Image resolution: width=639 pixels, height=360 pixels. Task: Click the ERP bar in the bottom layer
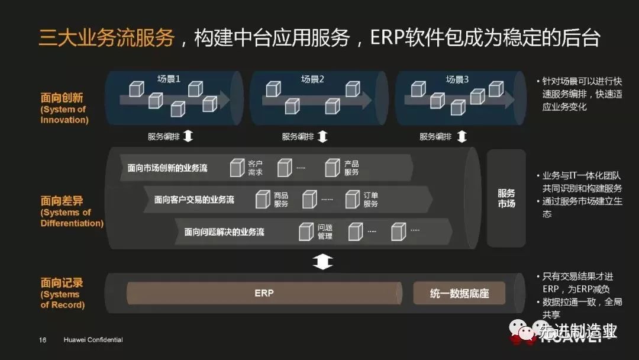tap(264, 293)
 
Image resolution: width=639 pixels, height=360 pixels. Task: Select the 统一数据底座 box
tap(459, 294)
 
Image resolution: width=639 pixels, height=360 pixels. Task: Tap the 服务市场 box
tap(506, 198)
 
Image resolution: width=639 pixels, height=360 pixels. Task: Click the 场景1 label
tap(169, 79)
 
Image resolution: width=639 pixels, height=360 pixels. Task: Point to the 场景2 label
tap(313, 79)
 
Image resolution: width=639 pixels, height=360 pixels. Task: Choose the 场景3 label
tap(457, 79)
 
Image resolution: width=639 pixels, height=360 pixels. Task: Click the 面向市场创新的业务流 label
tap(167, 168)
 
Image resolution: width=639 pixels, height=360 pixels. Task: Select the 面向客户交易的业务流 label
tap(194, 200)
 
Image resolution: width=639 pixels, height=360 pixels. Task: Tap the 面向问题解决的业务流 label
tap(224, 232)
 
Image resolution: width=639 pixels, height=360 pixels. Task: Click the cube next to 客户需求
tap(237, 168)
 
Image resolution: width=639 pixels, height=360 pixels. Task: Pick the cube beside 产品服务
tap(333, 168)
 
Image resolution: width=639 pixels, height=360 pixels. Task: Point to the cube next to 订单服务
tap(353, 199)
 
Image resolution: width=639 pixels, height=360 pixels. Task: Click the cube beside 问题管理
tap(306, 231)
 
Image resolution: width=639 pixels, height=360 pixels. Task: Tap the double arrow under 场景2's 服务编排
tap(322, 137)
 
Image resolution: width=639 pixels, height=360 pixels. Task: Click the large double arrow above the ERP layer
tap(322, 261)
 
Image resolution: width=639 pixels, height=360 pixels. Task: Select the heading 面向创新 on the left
tap(62, 98)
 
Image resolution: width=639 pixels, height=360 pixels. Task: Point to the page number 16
tap(43, 340)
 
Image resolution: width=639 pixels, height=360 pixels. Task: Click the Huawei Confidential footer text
tap(93, 340)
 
